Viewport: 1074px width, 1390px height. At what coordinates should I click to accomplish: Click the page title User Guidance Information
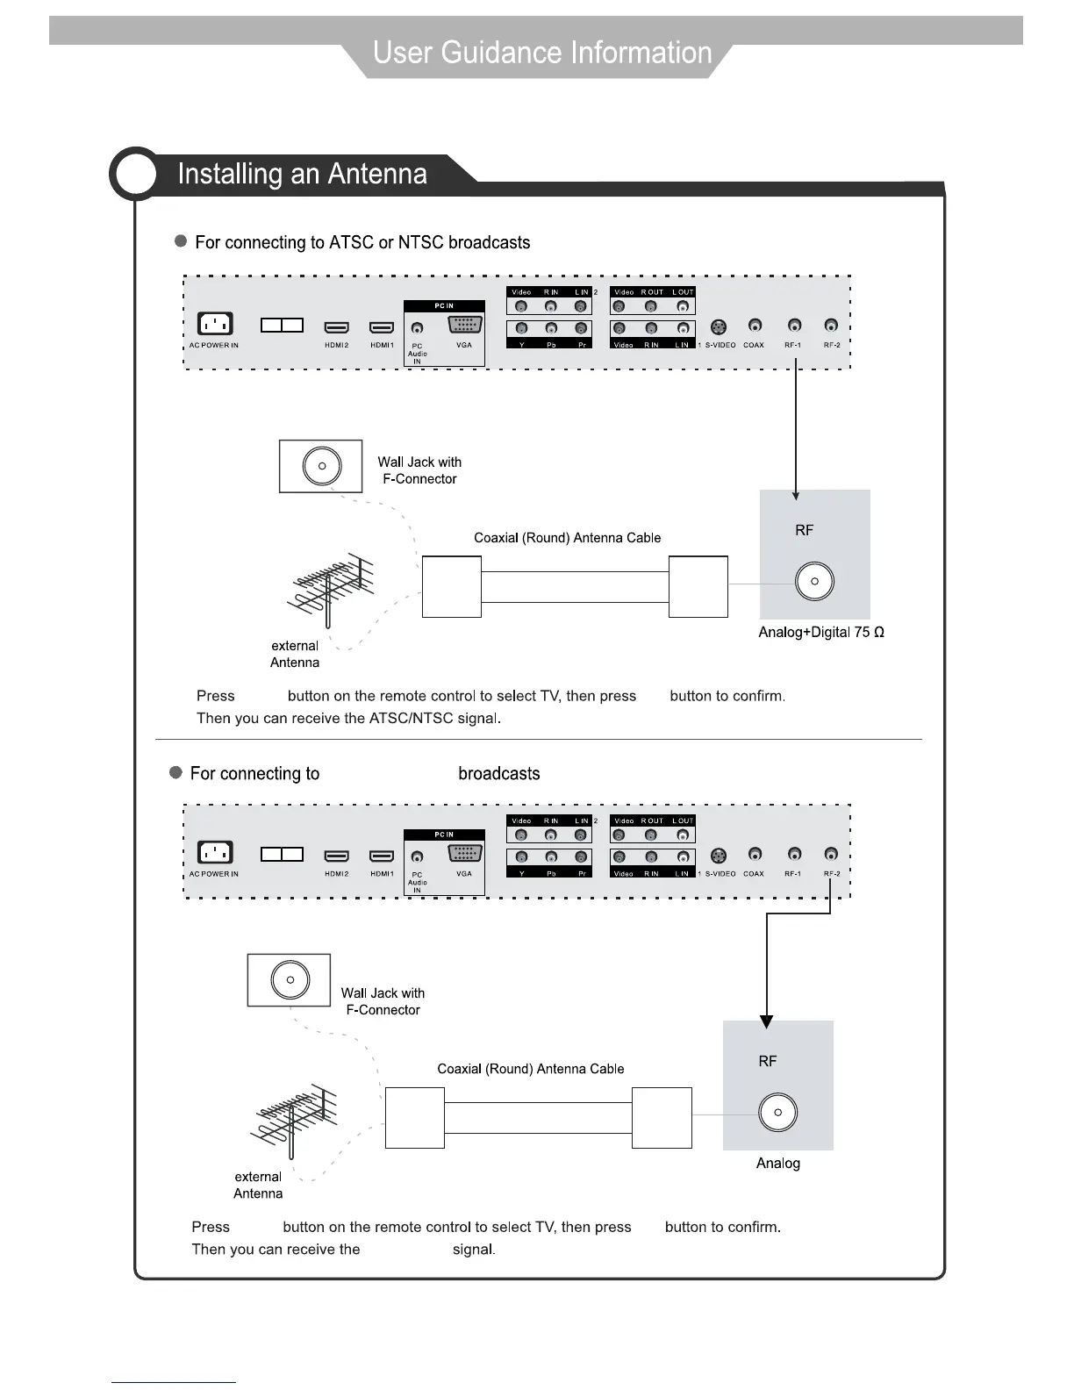click(542, 53)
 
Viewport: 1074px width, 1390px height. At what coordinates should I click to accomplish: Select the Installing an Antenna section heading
click(302, 174)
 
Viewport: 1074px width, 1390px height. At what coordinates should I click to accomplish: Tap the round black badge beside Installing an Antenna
click(135, 174)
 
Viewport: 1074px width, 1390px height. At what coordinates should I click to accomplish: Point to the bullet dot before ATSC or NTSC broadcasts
click(181, 240)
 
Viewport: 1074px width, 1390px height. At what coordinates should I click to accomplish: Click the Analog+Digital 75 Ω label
click(820, 632)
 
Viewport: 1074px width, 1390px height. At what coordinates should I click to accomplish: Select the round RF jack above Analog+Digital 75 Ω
click(814, 581)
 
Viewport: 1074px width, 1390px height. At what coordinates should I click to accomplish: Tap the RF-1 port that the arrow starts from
click(794, 326)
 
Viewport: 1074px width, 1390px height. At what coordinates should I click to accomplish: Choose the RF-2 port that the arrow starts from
click(831, 854)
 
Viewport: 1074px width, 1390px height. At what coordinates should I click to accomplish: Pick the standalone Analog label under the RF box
click(777, 1163)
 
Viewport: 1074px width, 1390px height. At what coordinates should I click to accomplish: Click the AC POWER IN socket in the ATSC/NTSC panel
click(214, 324)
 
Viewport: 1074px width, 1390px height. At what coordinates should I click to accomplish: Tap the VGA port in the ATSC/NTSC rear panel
click(464, 324)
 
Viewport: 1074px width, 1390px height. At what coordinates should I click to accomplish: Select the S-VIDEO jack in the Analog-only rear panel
click(719, 856)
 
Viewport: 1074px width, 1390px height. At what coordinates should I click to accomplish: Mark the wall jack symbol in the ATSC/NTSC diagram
click(321, 466)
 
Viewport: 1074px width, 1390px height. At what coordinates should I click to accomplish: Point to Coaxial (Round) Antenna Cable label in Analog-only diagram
click(530, 1069)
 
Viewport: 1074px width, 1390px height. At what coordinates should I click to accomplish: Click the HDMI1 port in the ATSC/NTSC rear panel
click(382, 327)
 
